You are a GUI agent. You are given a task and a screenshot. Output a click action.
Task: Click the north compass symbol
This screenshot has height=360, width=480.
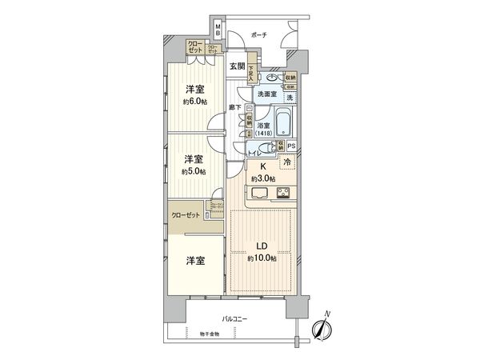(322, 326)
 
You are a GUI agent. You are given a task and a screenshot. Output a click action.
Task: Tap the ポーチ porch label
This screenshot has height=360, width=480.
(258, 35)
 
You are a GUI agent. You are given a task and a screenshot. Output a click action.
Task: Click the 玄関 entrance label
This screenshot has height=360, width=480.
(236, 66)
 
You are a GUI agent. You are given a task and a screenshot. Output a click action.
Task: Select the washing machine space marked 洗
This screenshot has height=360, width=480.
(290, 97)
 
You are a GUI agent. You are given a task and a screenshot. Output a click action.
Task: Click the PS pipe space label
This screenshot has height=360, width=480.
(291, 146)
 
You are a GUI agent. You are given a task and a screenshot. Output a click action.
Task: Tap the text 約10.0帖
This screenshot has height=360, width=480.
(262, 258)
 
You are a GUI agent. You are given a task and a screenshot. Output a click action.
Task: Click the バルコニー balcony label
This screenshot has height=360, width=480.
(234, 318)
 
